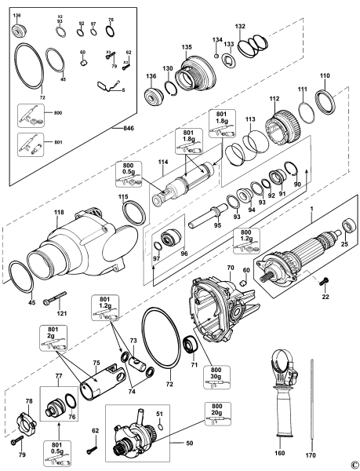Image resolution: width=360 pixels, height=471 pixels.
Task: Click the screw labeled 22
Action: point(322,280)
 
